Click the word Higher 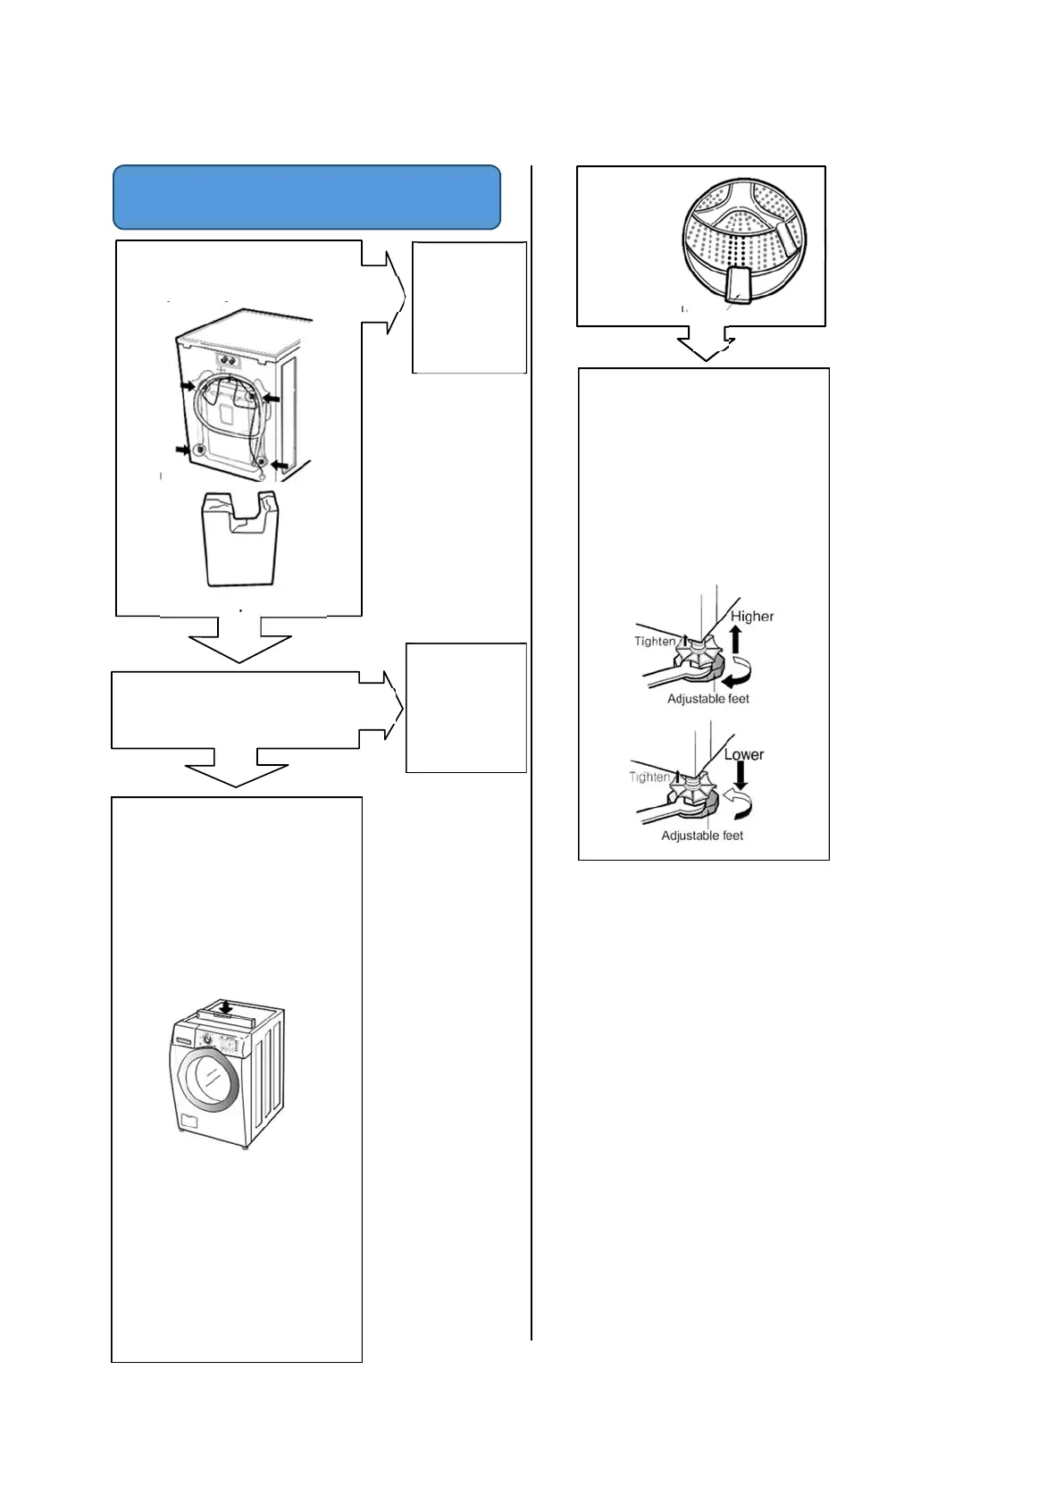click(x=752, y=616)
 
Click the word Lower click(x=743, y=754)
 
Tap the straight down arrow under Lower click(x=741, y=775)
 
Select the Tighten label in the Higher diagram click(x=655, y=641)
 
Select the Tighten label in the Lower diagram click(x=649, y=777)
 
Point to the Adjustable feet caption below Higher click(x=708, y=699)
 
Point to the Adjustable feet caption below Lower click(x=702, y=836)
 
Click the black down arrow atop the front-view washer click(x=227, y=1007)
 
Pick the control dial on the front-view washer click(x=206, y=1039)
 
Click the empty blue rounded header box click(x=306, y=197)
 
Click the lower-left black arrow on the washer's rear click(x=184, y=450)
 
